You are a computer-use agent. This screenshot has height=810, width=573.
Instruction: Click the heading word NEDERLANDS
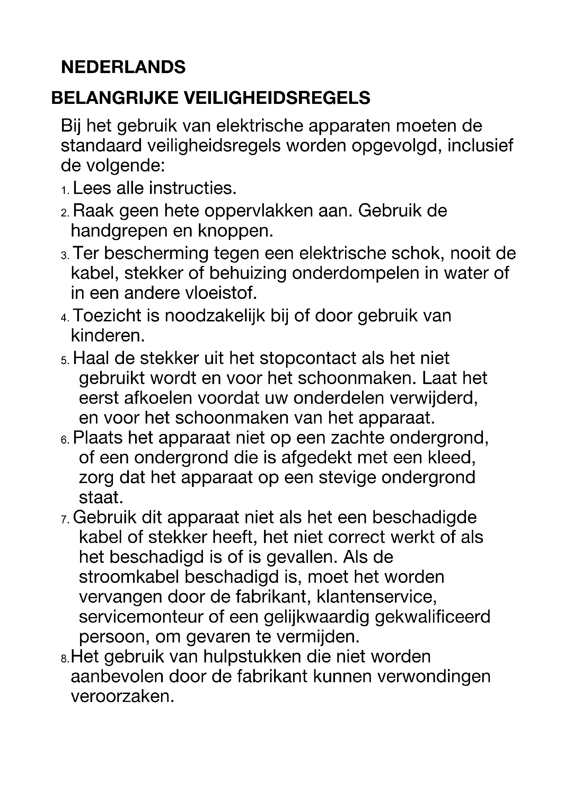123,67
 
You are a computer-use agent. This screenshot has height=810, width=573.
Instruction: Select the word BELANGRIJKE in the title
115,98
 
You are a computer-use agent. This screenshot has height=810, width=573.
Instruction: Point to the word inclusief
480,146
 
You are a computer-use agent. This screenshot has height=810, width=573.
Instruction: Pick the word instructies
192,188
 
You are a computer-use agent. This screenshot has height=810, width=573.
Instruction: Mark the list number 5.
65,361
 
